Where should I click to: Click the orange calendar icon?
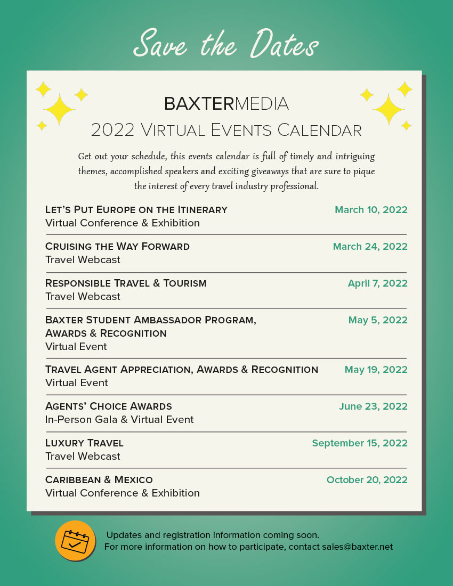coord(75,540)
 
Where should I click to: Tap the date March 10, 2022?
coord(371,210)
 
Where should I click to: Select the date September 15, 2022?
coord(360,443)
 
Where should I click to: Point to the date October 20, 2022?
coord(367,480)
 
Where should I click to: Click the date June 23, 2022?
coord(373,406)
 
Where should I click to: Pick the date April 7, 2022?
coord(377,283)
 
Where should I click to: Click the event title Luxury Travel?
coord(84,443)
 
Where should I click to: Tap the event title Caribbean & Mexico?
coord(99,480)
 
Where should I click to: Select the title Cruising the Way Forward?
coord(117,247)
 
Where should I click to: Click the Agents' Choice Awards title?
coord(109,406)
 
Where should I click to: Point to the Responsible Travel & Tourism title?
coord(126,283)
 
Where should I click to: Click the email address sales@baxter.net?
coord(357,547)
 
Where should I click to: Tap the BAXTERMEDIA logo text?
coord(226,103)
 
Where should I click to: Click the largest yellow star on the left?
coord(59,109)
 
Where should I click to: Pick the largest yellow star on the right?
coord(389,109)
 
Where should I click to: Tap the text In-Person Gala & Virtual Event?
coord(119,420)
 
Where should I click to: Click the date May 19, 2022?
coord(376,370)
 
